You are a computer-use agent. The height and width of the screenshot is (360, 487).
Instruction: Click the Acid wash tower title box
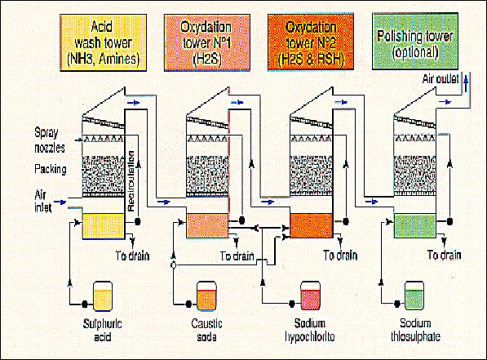tap(103, 43)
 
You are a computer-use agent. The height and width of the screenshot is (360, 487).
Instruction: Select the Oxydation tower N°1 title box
tap(207, 43)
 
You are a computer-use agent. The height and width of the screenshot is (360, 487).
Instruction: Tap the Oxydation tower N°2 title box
tap(311, 42)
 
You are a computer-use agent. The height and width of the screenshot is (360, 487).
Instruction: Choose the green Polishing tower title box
tap(415, 41)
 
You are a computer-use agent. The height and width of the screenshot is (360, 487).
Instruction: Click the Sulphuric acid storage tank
tap(103, 296)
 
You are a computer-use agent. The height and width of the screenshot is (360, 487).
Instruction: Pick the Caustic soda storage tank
tap(207, 296)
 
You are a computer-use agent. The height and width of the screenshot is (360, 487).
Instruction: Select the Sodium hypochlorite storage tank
tap(310, 296)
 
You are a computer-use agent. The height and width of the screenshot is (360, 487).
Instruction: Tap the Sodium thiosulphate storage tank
tap(414, 296)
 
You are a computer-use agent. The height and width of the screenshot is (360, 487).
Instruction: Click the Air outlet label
tap(441, 79)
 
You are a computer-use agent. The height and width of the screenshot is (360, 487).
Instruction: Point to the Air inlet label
tap(43, 201)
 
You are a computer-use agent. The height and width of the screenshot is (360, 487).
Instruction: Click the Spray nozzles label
tap(50, 140)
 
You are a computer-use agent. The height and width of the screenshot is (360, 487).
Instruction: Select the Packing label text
tap(51, 170)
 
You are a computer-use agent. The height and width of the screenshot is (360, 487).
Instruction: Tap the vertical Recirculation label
tap(131, 181)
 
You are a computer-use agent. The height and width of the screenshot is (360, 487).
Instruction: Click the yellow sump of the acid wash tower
tap(104, 226)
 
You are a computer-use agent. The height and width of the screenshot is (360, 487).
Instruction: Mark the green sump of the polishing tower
tap(415, 225)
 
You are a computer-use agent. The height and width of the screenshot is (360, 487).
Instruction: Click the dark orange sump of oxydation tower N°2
tap(311, 225)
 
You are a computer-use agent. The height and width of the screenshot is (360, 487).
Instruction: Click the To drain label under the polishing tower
tap(444, 256)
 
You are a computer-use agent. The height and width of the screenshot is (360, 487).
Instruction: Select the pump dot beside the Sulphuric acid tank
tap(85, 304)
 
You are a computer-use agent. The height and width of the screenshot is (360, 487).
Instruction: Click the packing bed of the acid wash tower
tap(103, 175)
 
